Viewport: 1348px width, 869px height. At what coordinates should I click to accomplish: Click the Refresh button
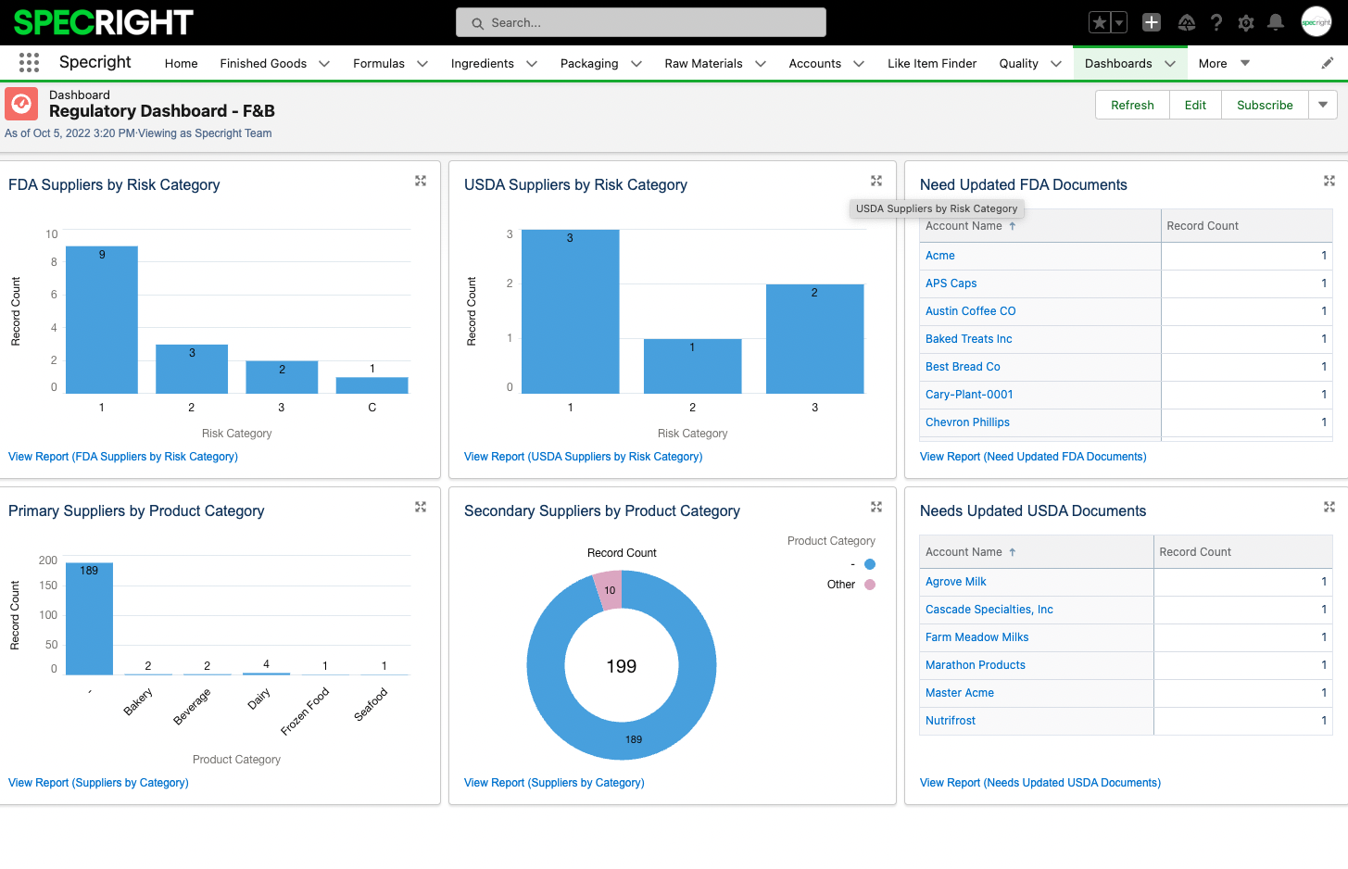(x=1132, y=105)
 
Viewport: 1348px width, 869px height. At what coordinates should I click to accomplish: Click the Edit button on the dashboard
(x=1195, y=105)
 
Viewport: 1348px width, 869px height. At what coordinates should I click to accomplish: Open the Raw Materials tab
(x=703, y=63)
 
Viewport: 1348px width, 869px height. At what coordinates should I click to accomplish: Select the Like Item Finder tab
(x=932, y=63)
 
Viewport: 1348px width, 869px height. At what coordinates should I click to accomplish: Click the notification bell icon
(x=1276, y=22)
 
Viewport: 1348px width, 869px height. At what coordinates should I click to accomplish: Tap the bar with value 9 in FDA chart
(x=102, y=320)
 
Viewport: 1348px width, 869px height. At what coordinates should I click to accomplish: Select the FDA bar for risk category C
(x=372, y=384)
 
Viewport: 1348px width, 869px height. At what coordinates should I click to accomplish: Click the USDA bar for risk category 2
(x=692, y=367)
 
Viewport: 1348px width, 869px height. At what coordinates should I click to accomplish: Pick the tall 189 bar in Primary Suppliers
(x=89, y=619)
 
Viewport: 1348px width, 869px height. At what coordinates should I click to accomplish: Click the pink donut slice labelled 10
(x=610, y=590)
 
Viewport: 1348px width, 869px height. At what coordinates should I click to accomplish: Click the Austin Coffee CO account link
(x=970, y=311)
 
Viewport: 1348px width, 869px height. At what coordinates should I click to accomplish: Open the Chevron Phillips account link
(x=967, y=422)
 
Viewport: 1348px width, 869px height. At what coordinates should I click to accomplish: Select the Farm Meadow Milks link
(x=976, y=637)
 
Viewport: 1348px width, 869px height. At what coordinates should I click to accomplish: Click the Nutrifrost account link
(x=950, y=721)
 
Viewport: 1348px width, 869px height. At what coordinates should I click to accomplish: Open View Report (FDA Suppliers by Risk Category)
(x=123, y=457)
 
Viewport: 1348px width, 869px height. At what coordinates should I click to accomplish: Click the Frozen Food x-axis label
(x=306, y=711)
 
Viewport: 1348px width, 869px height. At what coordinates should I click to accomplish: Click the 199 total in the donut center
(x=621, y=666)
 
